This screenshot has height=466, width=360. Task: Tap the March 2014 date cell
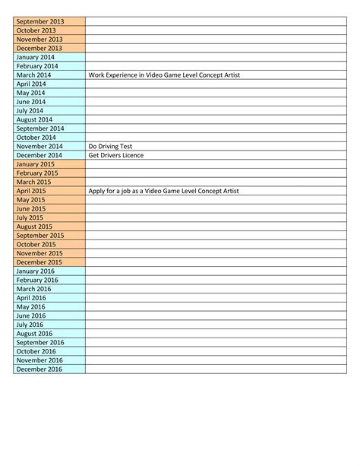[x=33, y=74]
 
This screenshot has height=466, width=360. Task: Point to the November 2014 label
[x=39, y=146]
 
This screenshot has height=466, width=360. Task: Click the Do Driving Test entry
[x=111, y=146]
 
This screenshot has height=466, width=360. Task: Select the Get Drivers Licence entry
[x=115, y=155]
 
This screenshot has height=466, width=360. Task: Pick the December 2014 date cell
[x=39, y=155]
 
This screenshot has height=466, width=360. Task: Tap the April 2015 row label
[x=31, y=191]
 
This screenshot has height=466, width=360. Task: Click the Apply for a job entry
[x=163, y=191]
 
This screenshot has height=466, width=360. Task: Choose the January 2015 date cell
[x=36, y=164]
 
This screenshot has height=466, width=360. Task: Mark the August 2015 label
[x=34, y=227]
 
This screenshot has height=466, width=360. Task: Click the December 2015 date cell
[x=39, y=262]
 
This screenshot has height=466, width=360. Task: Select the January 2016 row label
[x=36, y=271]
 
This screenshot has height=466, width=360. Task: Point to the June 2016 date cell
[x=31, y=315]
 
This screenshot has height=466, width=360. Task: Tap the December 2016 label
[x=39, y=369]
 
